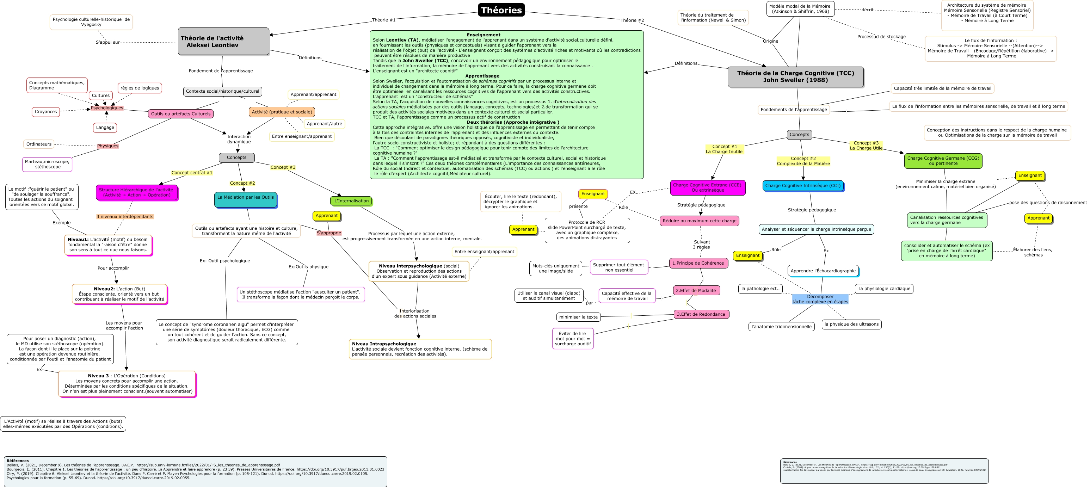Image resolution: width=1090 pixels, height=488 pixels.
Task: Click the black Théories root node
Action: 501,10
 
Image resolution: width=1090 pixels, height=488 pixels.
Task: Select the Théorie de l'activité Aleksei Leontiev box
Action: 223,42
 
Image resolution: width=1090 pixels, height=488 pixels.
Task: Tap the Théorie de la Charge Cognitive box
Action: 795,76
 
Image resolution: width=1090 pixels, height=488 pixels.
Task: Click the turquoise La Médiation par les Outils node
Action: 245,200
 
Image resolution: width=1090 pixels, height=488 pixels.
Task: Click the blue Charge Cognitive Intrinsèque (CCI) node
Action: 803,186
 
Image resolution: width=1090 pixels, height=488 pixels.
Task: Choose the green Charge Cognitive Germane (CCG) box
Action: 943,161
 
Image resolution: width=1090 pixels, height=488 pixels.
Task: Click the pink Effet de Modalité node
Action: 696,291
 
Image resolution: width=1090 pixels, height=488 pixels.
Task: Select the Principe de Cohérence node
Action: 698,263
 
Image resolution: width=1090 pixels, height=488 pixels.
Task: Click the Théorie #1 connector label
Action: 384,20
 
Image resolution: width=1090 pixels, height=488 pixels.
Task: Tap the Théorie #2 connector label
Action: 632,20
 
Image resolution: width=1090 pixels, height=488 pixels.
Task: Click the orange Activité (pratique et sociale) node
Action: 282,112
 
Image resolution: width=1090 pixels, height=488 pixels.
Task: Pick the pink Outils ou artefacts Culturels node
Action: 181,114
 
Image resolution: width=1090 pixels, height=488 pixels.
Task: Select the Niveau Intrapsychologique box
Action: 420,349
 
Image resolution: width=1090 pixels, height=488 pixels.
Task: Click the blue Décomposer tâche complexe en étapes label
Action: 820,299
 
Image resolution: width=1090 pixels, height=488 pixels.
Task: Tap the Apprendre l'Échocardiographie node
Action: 823,271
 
